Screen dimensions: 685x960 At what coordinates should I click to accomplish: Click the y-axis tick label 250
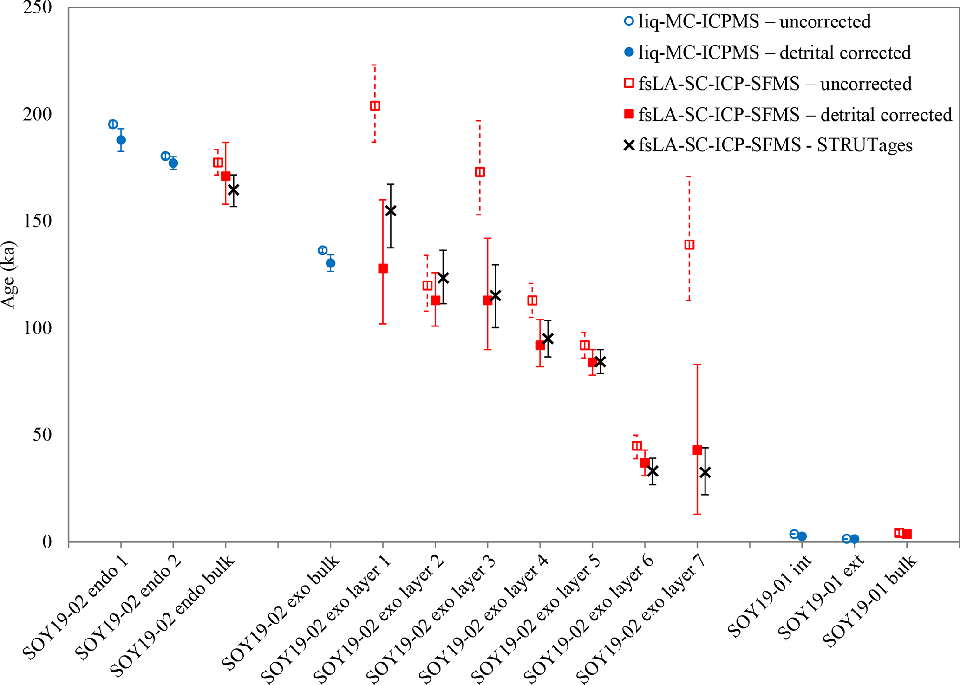pos(37,8)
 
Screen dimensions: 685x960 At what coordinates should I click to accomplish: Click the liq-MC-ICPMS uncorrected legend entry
pos(754,22)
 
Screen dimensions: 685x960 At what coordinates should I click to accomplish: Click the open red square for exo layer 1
pos(375,106)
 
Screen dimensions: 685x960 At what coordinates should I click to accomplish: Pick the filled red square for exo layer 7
pos(697,450)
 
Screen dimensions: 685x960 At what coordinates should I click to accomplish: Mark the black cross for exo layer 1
pos(391,211)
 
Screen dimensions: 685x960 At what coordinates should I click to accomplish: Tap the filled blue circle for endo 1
pos(121,140)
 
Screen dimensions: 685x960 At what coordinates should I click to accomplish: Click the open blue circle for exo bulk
pos(322,250)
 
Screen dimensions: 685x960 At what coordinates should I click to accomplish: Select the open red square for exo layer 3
pos(480,172)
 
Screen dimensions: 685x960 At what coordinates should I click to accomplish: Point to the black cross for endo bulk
pos(233,190)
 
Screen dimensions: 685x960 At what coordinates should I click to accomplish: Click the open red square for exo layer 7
pos(689,245)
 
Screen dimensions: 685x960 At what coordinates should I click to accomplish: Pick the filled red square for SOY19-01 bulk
pos(907,534)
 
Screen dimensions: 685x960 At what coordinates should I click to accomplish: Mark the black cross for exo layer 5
pos(600,361)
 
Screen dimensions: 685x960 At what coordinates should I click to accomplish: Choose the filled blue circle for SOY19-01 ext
pos(854,539)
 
